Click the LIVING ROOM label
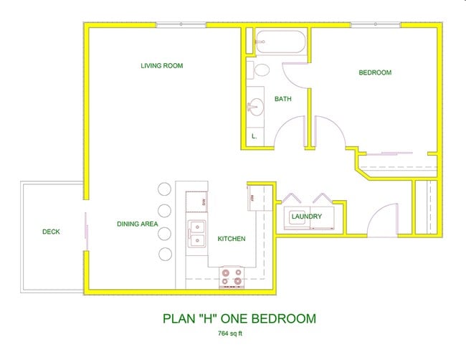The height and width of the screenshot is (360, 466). point(161,66)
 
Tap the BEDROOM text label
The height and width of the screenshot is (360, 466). point(375,72)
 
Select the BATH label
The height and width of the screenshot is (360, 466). point(282,99)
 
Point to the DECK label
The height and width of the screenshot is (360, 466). point(51,232)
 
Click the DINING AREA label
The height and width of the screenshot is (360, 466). point(137,224)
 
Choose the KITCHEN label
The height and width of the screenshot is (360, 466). point(232,239)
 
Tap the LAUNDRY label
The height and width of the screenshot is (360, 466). point(306,216)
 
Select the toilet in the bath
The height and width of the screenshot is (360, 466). point(259,70)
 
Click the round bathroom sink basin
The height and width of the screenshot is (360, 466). point(255,108)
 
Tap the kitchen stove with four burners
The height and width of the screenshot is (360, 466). point(231,277)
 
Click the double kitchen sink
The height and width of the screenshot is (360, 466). point(196,233)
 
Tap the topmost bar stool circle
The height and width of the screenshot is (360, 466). point(164,190)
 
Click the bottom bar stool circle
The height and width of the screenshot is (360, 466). point(164,254)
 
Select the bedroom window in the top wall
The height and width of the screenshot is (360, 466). point(376,25)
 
